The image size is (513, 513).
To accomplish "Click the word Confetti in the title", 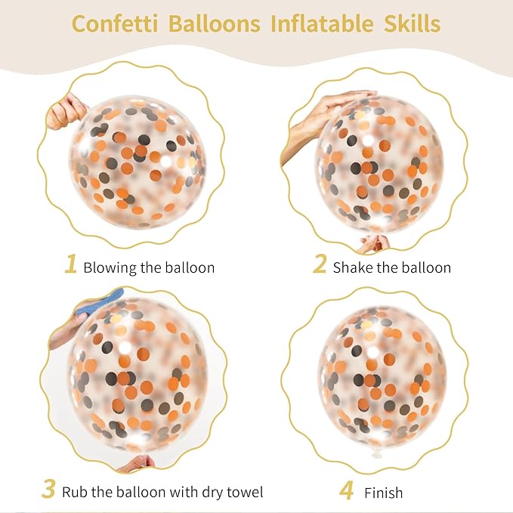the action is (x=115, y=23).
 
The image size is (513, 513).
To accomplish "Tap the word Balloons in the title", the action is (x=215, y=23).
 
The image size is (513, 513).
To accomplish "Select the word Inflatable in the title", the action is (x=323, y=23).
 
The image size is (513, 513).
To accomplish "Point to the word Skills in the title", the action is (x=413, y=23).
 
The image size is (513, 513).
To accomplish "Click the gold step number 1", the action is (x=71, y=264).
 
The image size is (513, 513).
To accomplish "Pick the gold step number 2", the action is (x=320, y=264).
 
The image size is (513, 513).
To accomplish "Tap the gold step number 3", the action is (x=48, y=489).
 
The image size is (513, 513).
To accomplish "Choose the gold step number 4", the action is (x=346, y=490).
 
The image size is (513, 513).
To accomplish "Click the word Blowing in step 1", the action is (x=110, y=268).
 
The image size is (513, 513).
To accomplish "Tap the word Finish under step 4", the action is (x=384, y=493).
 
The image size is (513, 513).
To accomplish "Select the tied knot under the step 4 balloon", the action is (x=376, y=454).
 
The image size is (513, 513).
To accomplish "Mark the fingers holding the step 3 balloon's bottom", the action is (x=138, y=464).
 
